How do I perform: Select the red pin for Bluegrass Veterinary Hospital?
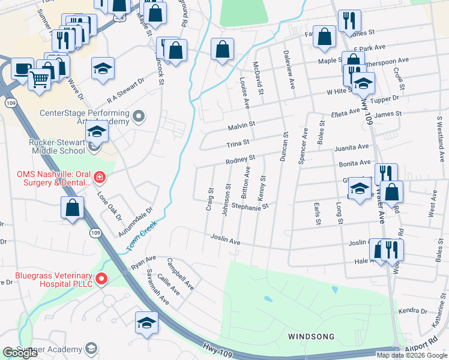click(x=101, y=278)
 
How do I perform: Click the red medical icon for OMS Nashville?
click(x=99, y=178)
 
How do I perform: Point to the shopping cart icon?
click(x=39, y=78)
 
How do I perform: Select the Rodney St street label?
click(x=240, y=160)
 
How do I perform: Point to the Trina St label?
click(x=237, y=144)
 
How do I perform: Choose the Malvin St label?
click(x=241, y=126)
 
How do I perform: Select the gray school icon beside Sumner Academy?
click(x=91, y=349)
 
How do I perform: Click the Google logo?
click(x=20, y=353)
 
